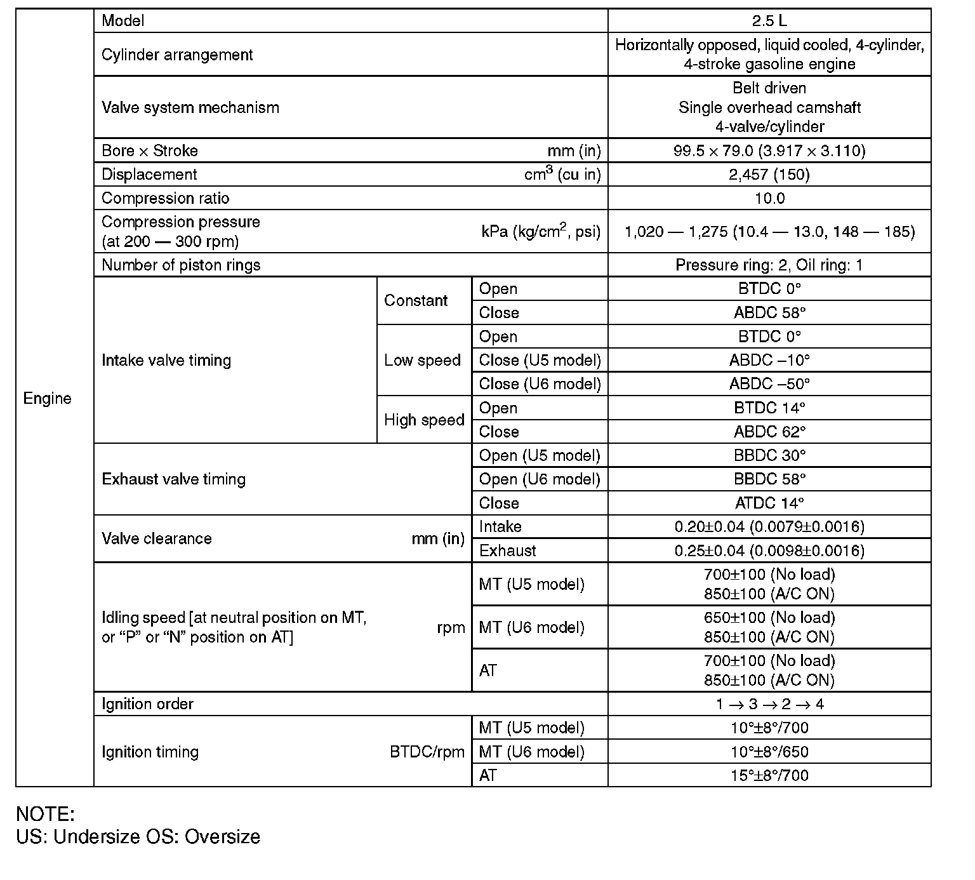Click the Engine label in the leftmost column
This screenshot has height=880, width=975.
point(47,398)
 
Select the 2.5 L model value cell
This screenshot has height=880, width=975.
point(769,20)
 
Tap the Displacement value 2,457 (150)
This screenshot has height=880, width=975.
point(769,175)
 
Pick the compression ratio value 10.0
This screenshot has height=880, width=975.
point(769,198)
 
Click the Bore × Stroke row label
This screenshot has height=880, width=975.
point(150,150)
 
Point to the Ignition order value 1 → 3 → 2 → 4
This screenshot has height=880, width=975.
point(769,703)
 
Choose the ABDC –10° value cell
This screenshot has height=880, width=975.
point(769,360)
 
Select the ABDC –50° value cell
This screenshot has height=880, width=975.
point(769,383)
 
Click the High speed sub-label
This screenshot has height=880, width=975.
point(424,420)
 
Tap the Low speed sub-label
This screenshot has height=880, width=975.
point(422,360)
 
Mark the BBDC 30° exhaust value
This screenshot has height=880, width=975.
point(769,455)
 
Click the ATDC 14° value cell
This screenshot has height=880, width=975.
point(769,503)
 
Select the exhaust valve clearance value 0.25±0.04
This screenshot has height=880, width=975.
point(769,550)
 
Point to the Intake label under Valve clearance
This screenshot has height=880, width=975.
point(500,526)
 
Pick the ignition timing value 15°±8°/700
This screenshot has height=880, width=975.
point(769,775)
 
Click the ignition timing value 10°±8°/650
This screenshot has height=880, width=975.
point(769,752)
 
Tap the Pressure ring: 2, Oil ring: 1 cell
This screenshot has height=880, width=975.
point(769,265)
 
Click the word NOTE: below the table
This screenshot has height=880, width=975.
point(45,814)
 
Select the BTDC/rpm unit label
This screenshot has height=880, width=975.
point(427,752)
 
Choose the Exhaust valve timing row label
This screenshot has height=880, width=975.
point(173,479)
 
